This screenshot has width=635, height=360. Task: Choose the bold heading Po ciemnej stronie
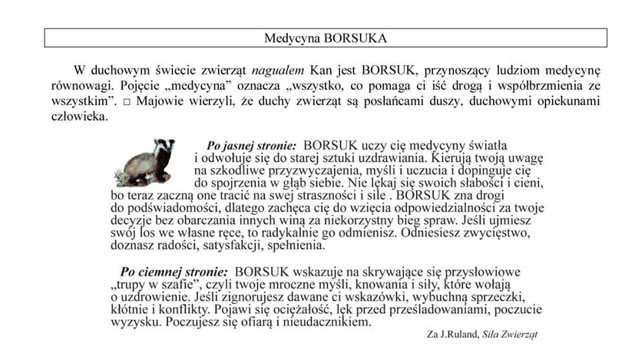(174, 271)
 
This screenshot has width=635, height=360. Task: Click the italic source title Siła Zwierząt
(511, 335)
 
